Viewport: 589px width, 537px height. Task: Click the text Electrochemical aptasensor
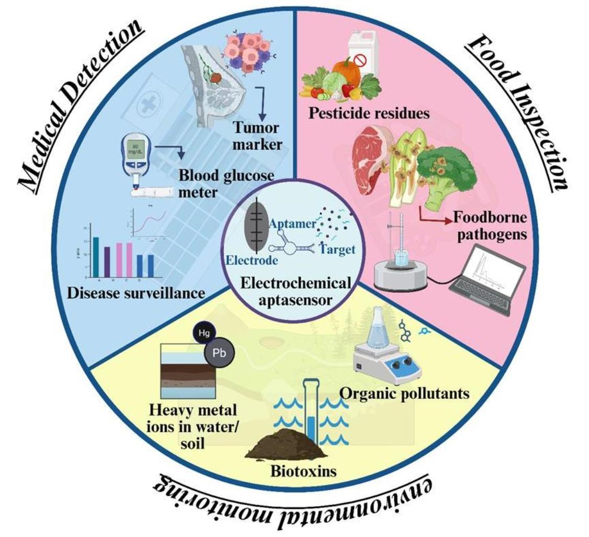tap(295, 293)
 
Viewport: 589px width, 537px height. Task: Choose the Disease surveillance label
tap(136, 292)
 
